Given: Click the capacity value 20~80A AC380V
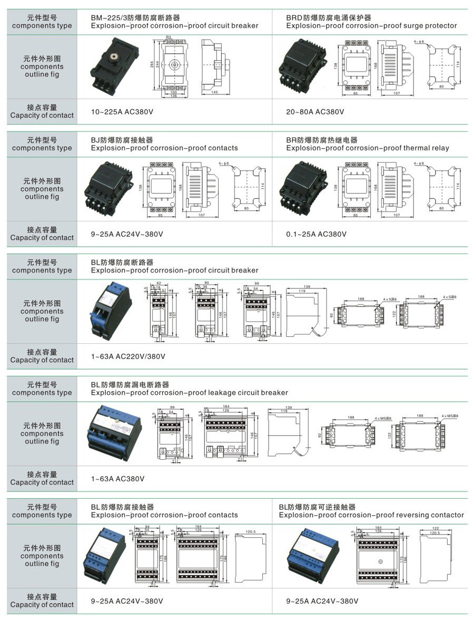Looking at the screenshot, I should (315, 112).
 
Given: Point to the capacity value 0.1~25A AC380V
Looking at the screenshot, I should (317, 234).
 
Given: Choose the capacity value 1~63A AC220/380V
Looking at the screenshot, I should (128, 356).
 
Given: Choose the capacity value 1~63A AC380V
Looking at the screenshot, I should (117, 479).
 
